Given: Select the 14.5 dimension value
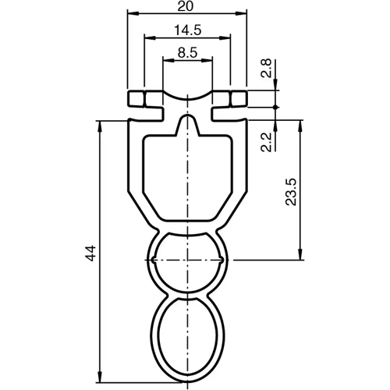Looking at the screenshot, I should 187,30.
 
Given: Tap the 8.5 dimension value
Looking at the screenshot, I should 187,53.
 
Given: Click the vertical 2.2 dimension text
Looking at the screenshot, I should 266,141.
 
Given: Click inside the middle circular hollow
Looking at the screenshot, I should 187,261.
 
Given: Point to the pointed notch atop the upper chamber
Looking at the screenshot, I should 187,122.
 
